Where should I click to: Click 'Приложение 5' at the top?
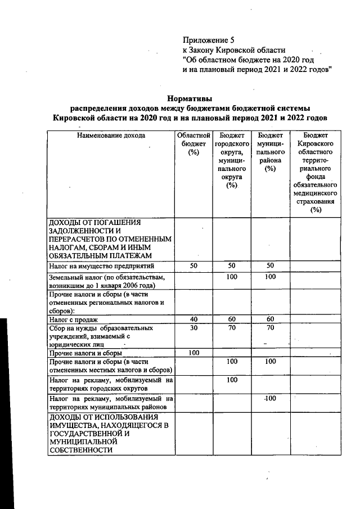208,40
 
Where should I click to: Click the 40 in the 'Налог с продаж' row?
194,319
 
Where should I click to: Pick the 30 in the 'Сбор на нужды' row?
194,327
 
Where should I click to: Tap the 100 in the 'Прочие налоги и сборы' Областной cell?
194,353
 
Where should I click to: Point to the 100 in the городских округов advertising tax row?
232,380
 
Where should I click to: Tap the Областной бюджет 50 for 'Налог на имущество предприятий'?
194,265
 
